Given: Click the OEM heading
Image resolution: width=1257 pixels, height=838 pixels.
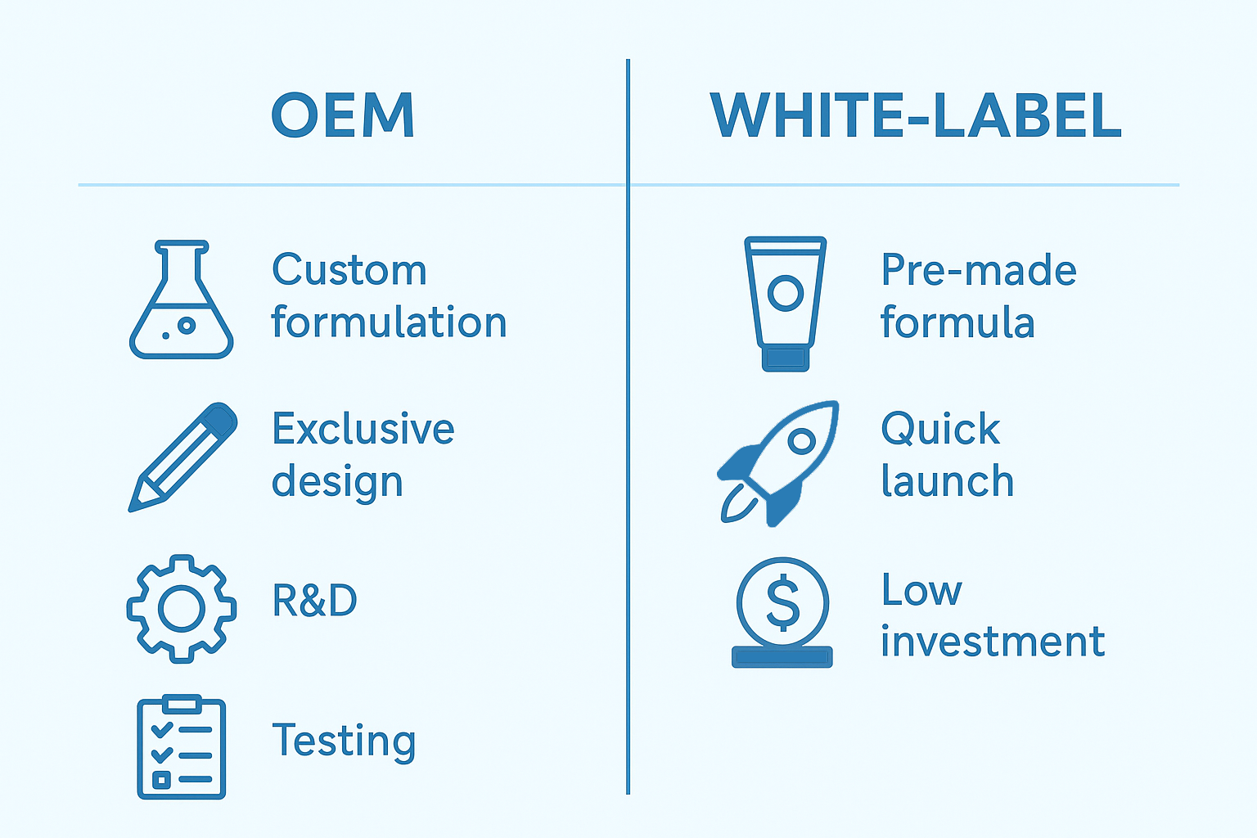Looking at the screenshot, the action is pos(343,115).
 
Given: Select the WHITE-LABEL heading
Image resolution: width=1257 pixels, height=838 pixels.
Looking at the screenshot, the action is pos(916,115).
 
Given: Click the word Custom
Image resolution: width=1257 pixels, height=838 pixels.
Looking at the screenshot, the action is pos(349,270).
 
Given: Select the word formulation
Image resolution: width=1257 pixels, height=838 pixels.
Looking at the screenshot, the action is pos(389,322).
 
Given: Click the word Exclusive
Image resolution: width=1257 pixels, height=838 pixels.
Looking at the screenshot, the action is pos(363,428).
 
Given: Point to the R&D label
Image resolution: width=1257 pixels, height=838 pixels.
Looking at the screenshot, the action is pos(314,600).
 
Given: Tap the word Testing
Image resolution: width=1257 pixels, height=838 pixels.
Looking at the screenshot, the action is pos(344,741).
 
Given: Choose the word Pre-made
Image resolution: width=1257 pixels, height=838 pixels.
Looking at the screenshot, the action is pos(979,270).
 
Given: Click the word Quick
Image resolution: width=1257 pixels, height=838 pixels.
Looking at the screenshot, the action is pos(940,429).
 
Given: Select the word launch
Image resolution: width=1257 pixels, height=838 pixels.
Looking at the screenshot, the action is pos(947,480).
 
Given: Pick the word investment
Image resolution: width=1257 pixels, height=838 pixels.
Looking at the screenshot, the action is pos(993,641).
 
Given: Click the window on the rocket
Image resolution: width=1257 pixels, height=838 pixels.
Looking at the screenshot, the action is pos(802,441).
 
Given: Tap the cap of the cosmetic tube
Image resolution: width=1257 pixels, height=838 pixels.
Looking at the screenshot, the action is pos(786,358).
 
